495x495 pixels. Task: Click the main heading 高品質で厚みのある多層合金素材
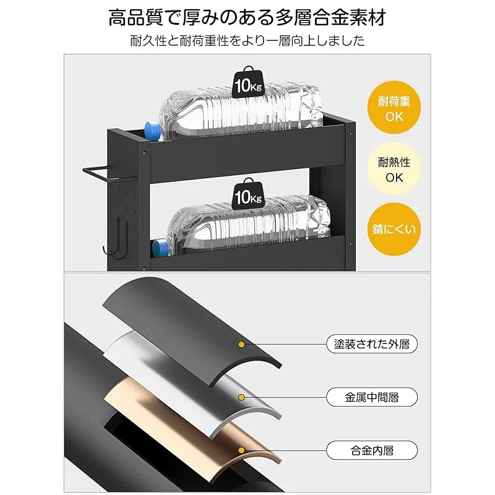click(x=247, y=18)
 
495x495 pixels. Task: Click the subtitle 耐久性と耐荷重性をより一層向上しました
click(x=247, y=41)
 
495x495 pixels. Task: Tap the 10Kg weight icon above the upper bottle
click(x=249, y=82)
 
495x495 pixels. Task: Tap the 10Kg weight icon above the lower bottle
click(x=249, y=194)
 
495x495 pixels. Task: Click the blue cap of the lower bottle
click(x=160, y=248)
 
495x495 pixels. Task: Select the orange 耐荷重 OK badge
click(x=394, y=108)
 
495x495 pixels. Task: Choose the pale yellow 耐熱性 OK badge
click(x=394, y=168)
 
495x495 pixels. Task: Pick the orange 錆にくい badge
click(x=394, y=229)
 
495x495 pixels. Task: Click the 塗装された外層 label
click(x=372, y=344)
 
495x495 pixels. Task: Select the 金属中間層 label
click(x=372, y=397)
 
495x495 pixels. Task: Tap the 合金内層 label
click(x=372, y=450)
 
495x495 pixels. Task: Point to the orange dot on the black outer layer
click(x=241, y=345)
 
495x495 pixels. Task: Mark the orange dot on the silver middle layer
click(x=241, y=397)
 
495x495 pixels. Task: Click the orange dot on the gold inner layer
click(x=241, y=450)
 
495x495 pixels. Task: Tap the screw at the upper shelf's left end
click(x=145, y=153)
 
